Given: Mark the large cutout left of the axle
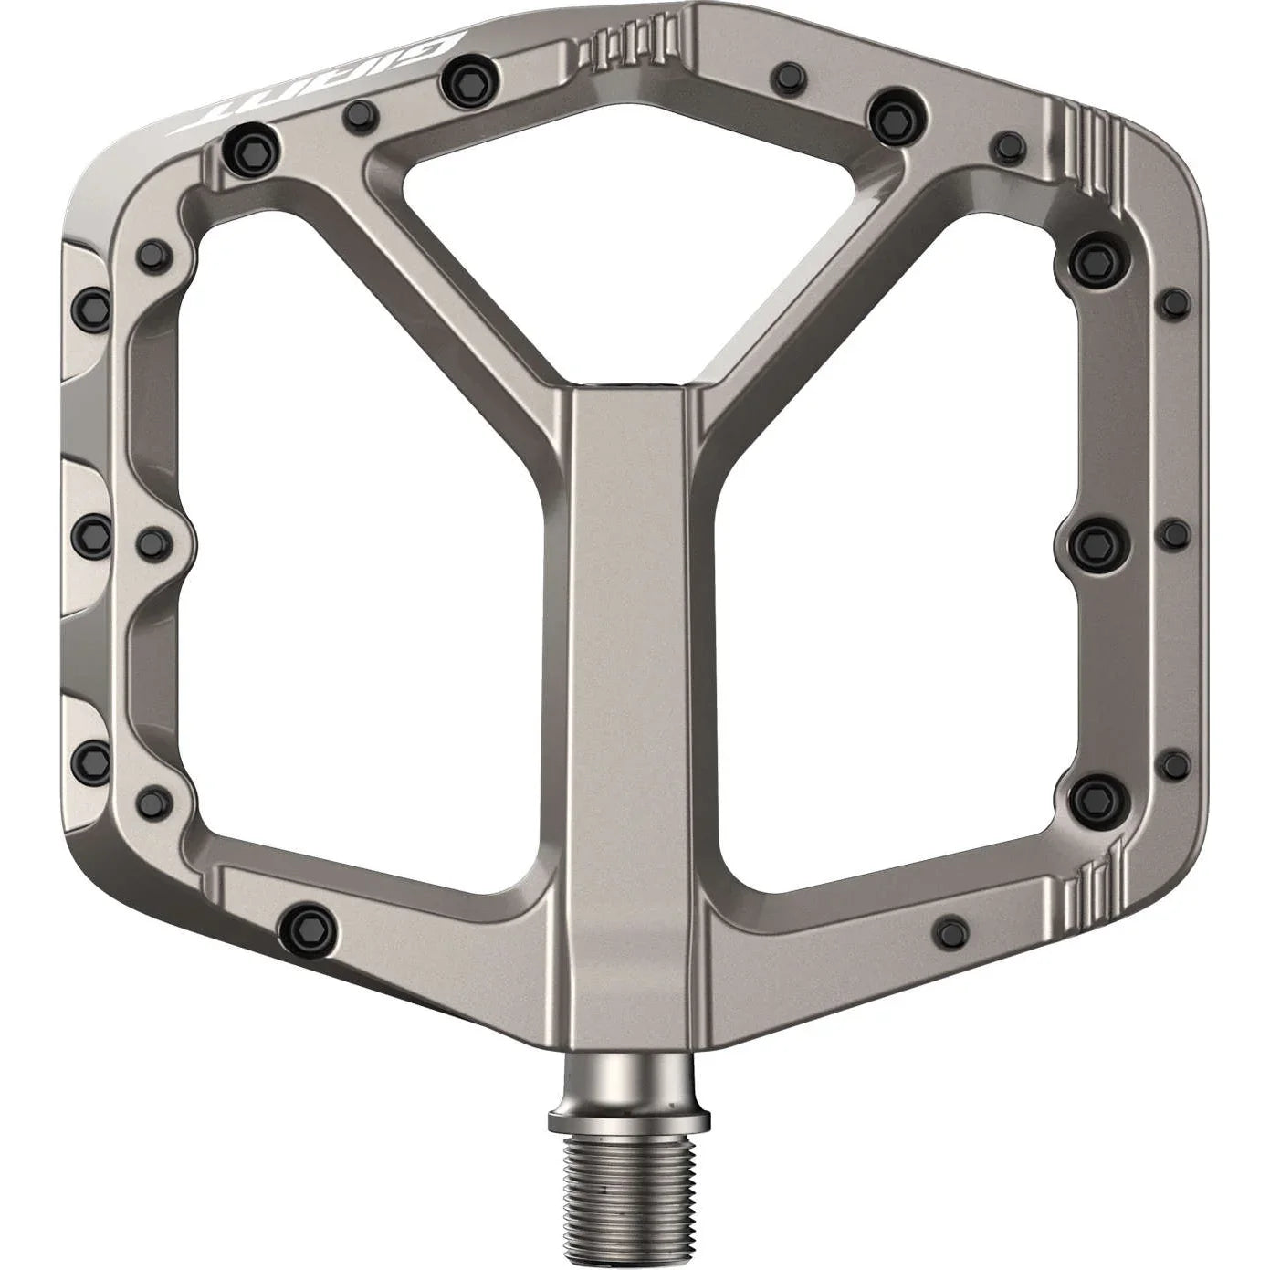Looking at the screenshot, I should point(365,548).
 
